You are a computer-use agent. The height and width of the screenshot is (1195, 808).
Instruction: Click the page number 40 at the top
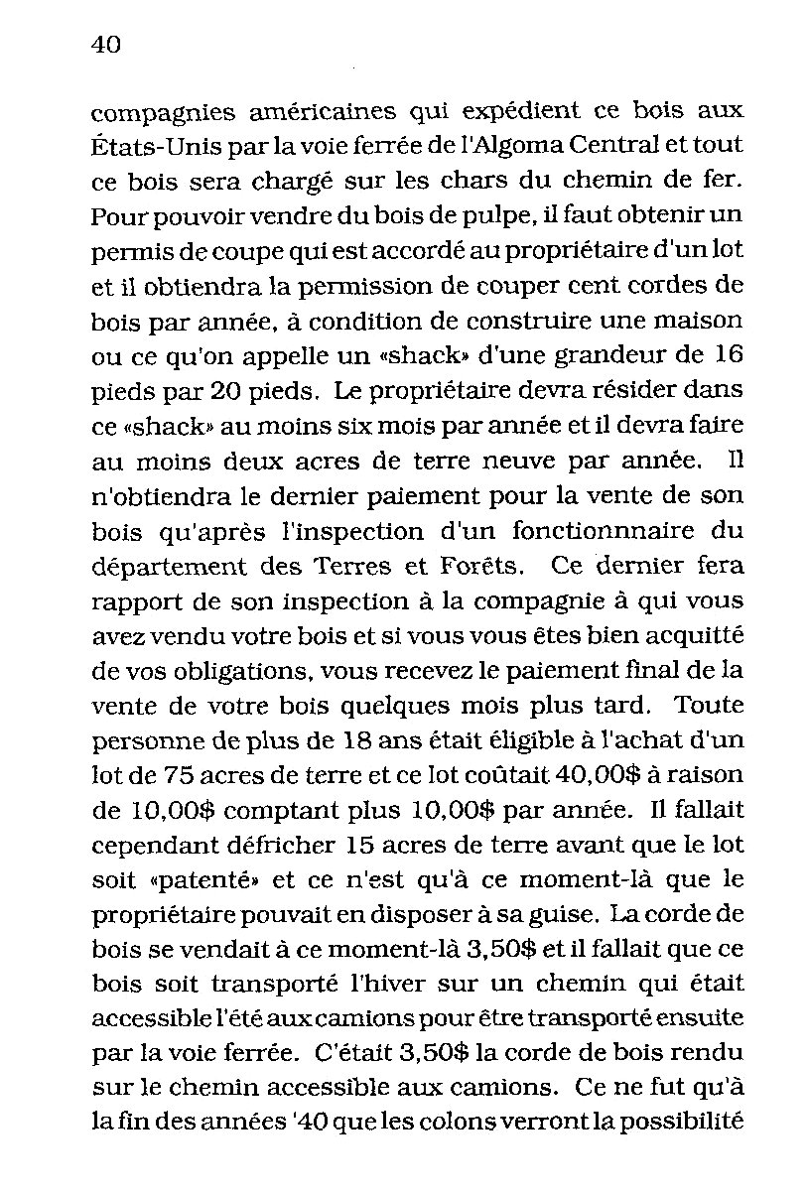(104, 45)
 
